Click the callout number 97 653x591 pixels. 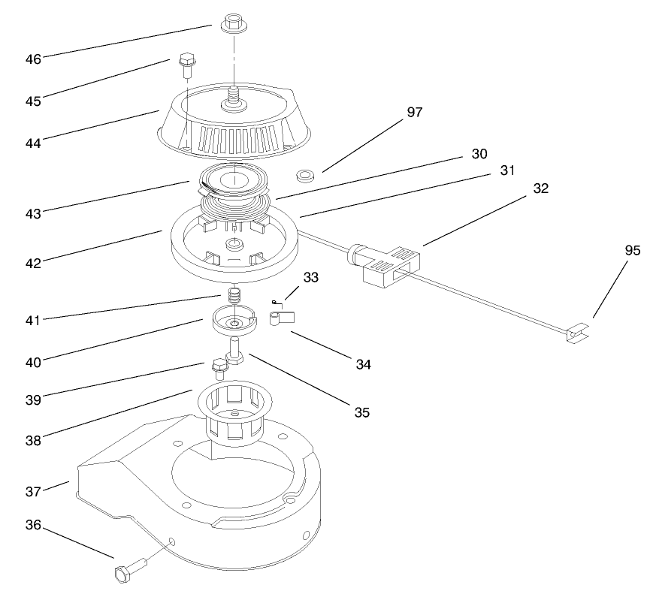pos(414,113)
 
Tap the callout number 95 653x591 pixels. pos(632,251)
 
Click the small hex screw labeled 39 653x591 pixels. pos(219,368)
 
